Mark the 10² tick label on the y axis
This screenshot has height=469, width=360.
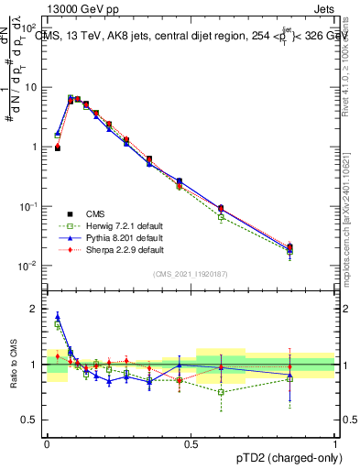30,28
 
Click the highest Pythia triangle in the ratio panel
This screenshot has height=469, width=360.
57,316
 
